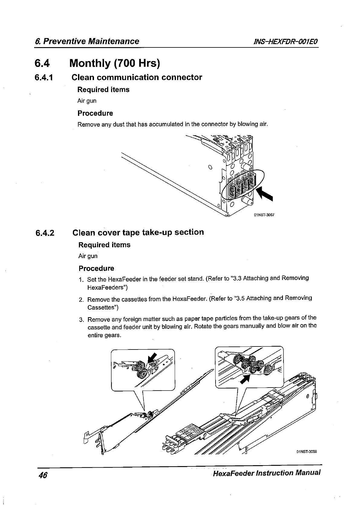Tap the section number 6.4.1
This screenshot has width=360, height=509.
tap(44, 78)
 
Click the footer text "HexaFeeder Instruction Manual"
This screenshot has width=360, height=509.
tap(266, 473)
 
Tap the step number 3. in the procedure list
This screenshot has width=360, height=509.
tap(81, 320)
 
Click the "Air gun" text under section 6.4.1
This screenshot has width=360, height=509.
tap(87, 101)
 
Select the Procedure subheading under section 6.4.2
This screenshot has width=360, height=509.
tap(96, 268)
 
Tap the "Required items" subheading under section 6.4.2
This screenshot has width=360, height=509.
tap(104, 245)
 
